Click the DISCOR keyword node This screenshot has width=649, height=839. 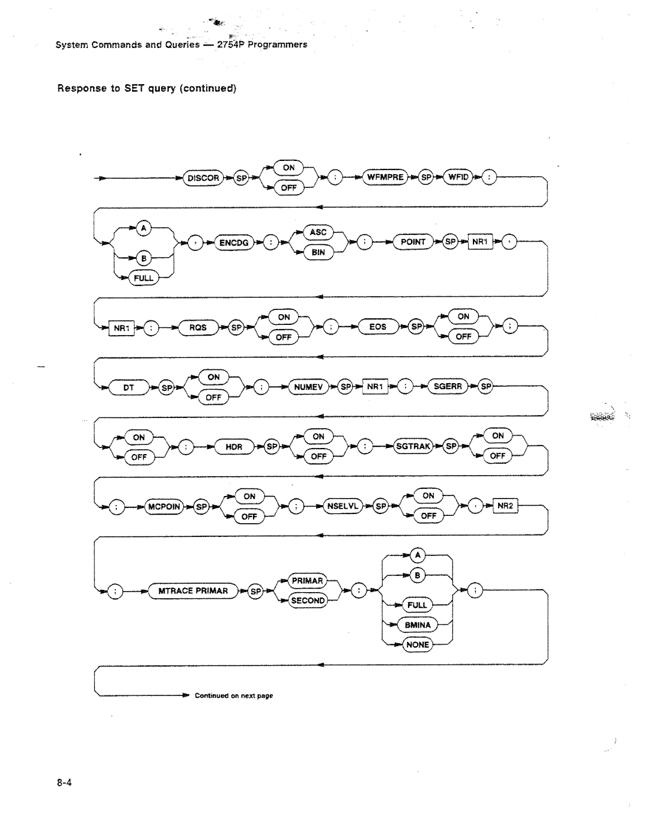(203, 178)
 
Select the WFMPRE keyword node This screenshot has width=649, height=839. (385, 178)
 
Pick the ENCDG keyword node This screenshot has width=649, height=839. (234, 243)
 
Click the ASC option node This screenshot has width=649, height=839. (318, 232)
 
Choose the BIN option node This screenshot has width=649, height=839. (318, 253)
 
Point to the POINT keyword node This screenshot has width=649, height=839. (413, 242)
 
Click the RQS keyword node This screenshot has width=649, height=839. (198, 327)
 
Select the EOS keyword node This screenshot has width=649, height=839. (378, 327)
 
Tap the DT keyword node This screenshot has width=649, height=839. (129, 388)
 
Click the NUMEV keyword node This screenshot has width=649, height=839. (309, 387)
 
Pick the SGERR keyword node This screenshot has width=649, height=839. (448, 387)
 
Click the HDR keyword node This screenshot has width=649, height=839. (233, 447)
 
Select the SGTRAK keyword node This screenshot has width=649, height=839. (413, 446)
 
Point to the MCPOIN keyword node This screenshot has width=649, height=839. (164, 507)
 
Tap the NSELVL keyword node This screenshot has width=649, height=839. (343, 506)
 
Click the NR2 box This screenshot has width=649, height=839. (505, 506)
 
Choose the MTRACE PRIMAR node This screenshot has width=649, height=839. (193, 591)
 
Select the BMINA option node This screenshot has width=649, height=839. (417, 625)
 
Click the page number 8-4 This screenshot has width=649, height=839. (65, 783)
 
